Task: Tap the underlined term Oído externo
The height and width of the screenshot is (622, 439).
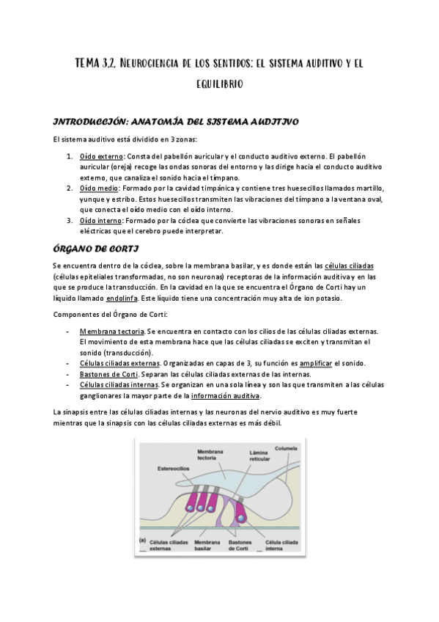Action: (x=101, y=156)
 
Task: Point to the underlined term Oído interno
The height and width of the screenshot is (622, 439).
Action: (x=100, y=220)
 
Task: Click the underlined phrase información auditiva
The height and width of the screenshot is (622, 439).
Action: (x=226, y=395)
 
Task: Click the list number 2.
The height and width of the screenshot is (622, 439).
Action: (x=69, y=188)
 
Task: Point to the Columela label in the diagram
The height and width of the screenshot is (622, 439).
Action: (x=285, y=447)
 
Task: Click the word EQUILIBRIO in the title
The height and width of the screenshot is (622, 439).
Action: (x=219, y=85)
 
